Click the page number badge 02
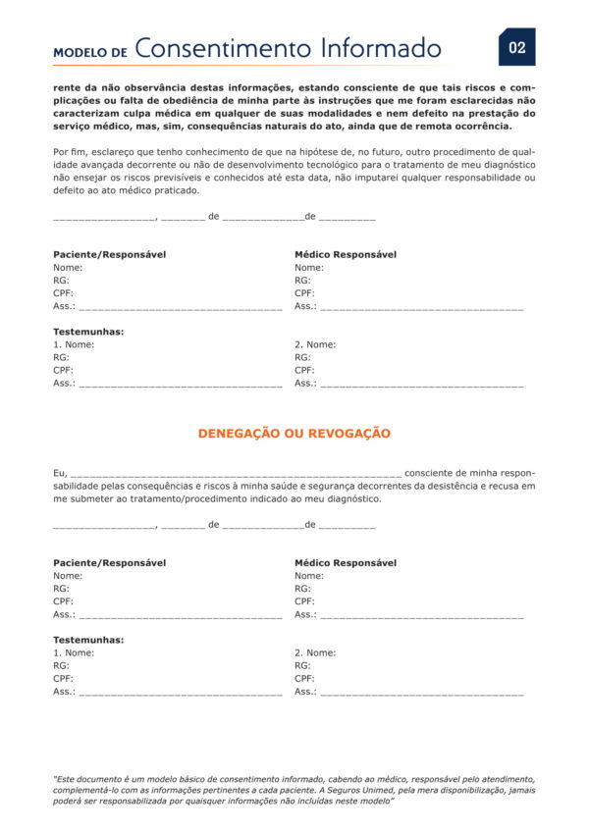(516, 47)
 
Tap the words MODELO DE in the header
(90, 52)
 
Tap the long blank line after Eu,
(236, 473)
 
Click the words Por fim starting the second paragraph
(70, 152)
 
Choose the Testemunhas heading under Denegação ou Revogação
(88, 640)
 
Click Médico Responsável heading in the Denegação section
(346, 563)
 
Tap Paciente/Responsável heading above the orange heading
(110, 255)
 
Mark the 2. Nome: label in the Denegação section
(315, 652)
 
